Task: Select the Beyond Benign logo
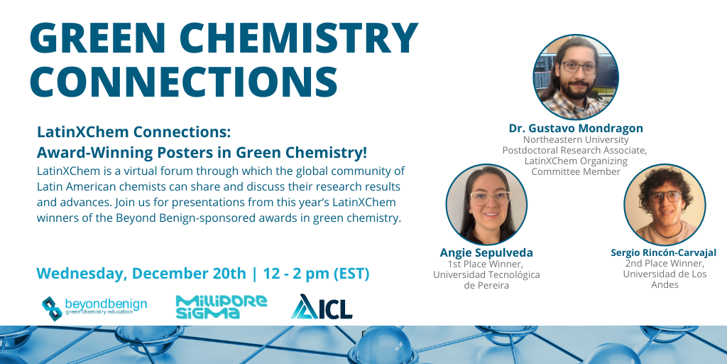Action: coord(94,307)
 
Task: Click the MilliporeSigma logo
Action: coord(222,307)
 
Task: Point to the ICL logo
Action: coord(322,307)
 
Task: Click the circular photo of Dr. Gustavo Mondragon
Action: coord(575,77)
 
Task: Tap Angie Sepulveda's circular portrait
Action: coord(486,205)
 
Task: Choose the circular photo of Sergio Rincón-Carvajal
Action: coord(665,205)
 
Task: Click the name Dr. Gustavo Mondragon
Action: coord(576,128)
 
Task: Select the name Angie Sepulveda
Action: coord(486,253)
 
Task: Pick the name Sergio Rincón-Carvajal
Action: coord(664,253)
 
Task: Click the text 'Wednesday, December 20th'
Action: coord(141,274)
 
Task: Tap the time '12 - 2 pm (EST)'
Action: coord(316,274)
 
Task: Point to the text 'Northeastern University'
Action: coord(576,139)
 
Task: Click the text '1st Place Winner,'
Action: coord(486,264)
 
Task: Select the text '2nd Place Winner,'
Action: coord(665,264)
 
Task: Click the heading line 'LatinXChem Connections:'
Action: coord(133,132)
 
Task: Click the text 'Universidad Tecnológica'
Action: coord(486,275)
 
